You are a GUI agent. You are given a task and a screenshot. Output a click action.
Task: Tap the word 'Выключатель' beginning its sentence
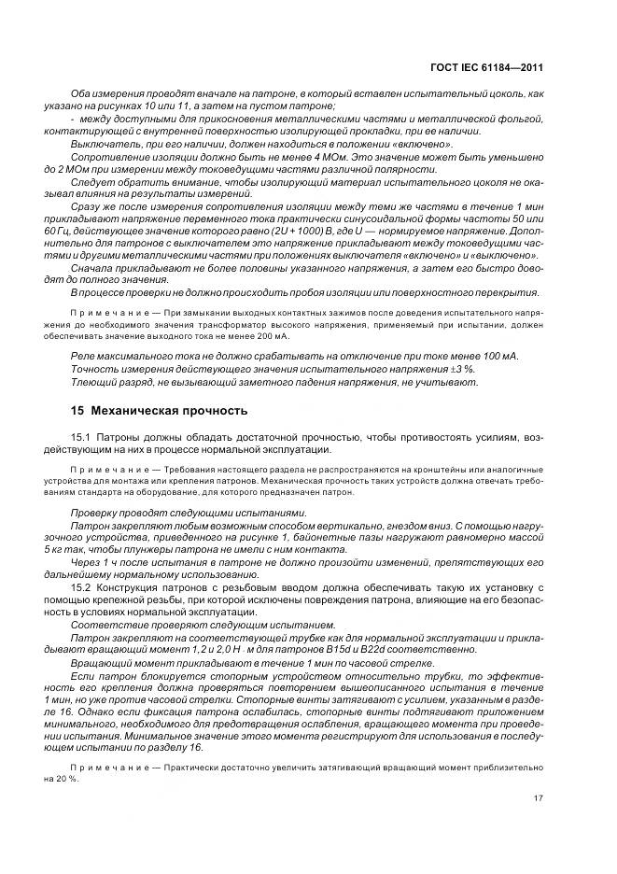(x=104, y=144)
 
